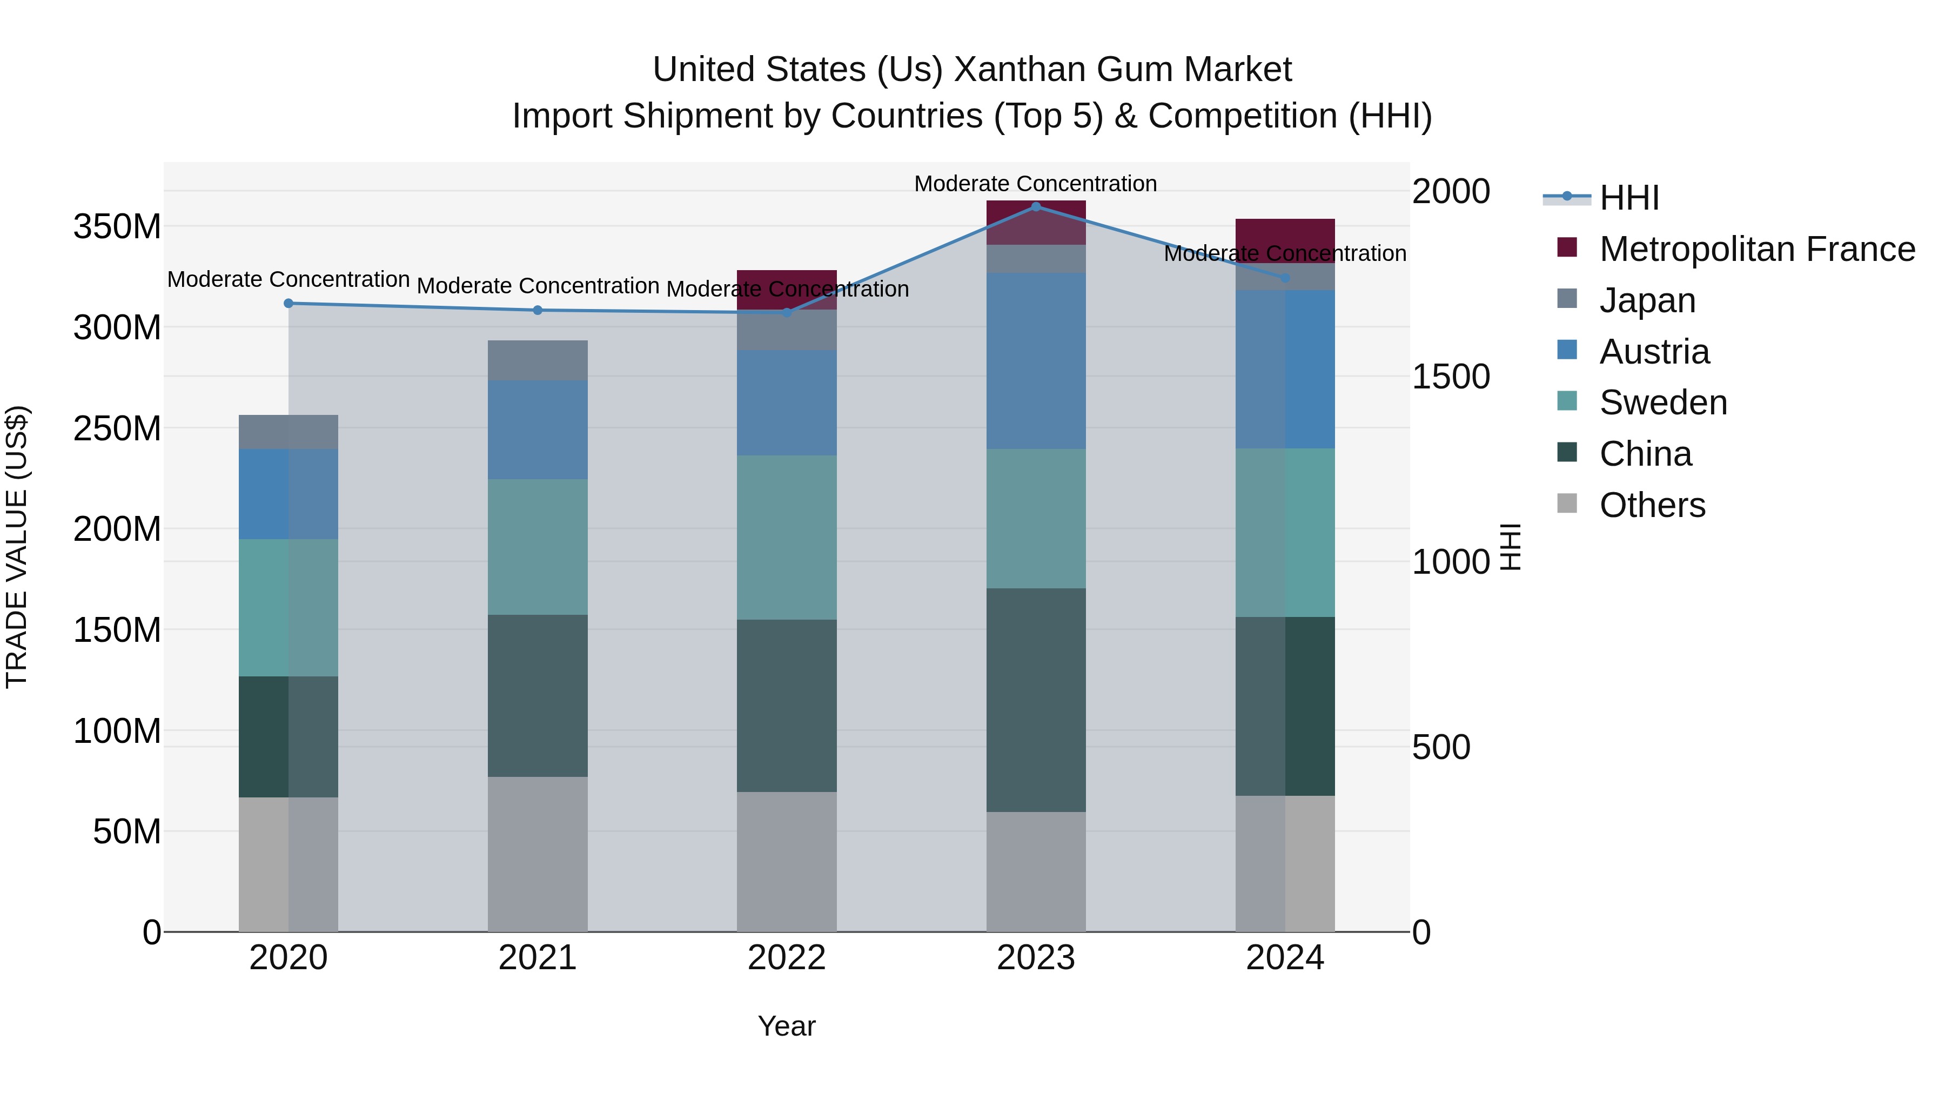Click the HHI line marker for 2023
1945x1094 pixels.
click(1036, 206)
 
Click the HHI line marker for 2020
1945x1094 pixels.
click(289, 304)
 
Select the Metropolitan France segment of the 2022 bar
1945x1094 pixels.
click(787, 289)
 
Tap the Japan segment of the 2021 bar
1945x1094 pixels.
click(538, 360)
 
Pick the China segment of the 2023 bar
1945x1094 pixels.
click(1036, 700)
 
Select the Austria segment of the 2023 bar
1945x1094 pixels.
click(1036, 361)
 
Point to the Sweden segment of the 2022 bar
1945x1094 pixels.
click(787, 538)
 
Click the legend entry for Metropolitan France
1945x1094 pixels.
click(1756, 249)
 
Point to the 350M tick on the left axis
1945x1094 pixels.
click(117, 226)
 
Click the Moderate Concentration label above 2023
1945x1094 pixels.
click(1035, 184)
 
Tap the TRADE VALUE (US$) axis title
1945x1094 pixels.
click(17, 547)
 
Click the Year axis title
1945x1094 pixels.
click(786, 1026)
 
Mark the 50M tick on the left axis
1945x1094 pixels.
click(127, 832)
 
